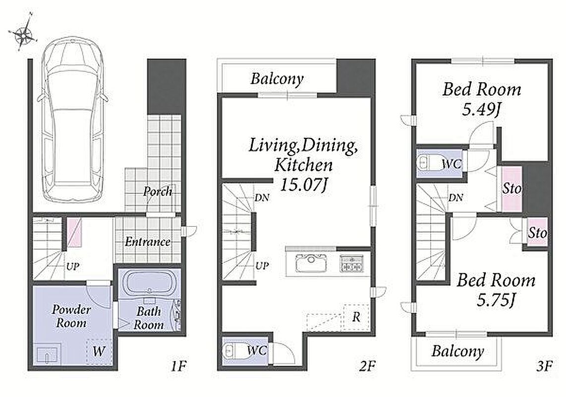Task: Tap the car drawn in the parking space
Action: [x=73, y=120]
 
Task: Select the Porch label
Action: [x=158, y=191]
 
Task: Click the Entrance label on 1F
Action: [x=147, y=242]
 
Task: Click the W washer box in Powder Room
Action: [x=99, y=351]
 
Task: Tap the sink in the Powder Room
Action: [x=48, y=355]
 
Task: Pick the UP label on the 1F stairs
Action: [x=72, y=267]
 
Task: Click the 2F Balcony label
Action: [x=277, y=79]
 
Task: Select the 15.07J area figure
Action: [x=304, y=185]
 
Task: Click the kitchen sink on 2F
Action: [x=311, y=263]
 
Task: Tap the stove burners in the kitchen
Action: [x=351, y=264]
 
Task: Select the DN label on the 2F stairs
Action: [x=262, y=198]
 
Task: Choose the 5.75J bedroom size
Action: [x=496, y=300]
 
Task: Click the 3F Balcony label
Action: [x=458, y=351]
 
